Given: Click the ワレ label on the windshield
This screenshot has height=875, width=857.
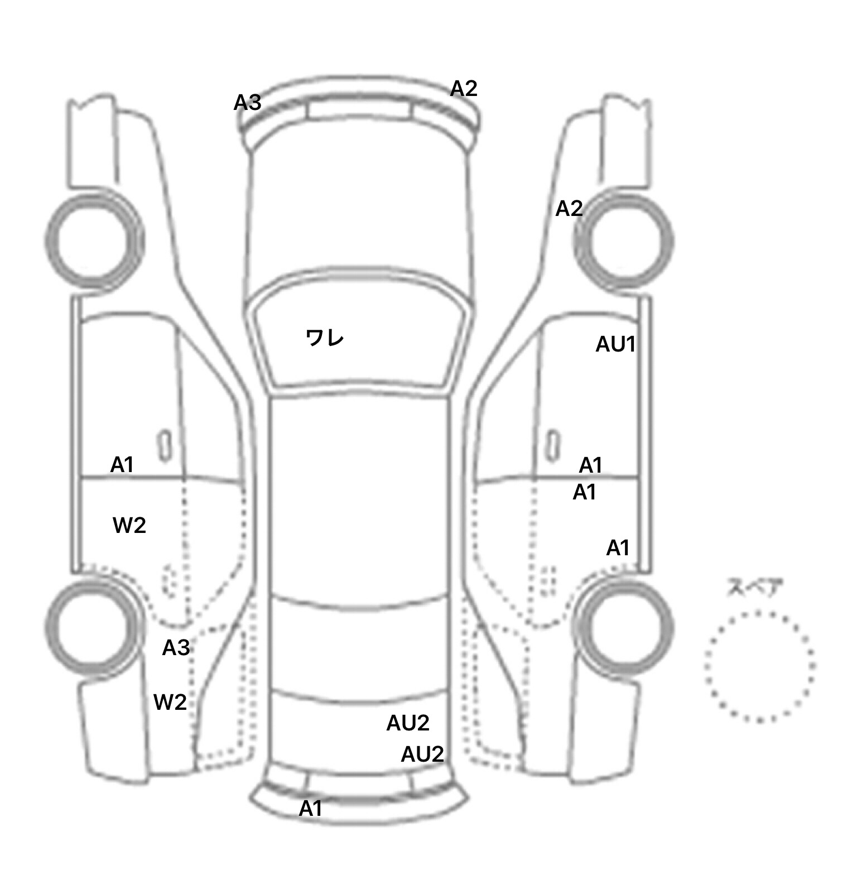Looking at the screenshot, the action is pyautogui.click(x=325, y=338).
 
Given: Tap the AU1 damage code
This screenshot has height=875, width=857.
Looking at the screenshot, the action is pyautogui.click(x=616, y=344).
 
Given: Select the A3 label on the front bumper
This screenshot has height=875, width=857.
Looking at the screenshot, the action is pyautogui.click(x=248, y=103).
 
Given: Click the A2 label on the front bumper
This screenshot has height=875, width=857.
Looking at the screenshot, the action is pyautogui.click(x=464, y=88).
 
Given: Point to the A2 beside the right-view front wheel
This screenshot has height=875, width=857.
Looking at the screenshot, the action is pyautogui.click(x=569, y=209).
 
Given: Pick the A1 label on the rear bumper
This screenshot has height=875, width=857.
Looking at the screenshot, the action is pyautogui.click(x=311, y=809).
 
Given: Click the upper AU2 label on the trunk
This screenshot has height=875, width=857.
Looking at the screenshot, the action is pyautogui.click(x=408, y=723).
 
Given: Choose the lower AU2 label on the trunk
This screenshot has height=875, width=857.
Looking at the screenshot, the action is pyautogui.click(x=422, y=754).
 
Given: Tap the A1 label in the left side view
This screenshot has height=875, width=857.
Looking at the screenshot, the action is pyautogui.click(x=122, y=464).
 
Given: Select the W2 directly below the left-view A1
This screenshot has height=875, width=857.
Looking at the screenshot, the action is pyautogui.click(x=129, y=525).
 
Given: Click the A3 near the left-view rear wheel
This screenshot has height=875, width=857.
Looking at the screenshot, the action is pyautogui.click(x=176, y=648).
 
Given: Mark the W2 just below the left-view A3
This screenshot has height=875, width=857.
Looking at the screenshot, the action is pyautogui.click(x=170, y=702).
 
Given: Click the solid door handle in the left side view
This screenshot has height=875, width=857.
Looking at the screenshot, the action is pyautogui.click(x=165, y=446).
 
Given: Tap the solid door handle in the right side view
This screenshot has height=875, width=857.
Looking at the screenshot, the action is pyautogui.click(x=553, y=446).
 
